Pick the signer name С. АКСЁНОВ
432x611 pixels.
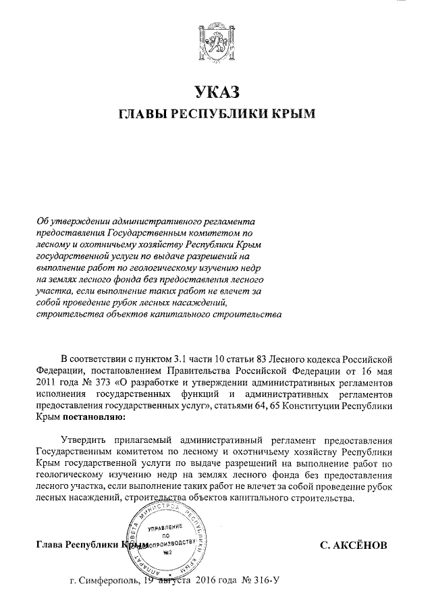(x=354, y=545)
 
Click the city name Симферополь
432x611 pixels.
(x=107, y=581)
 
